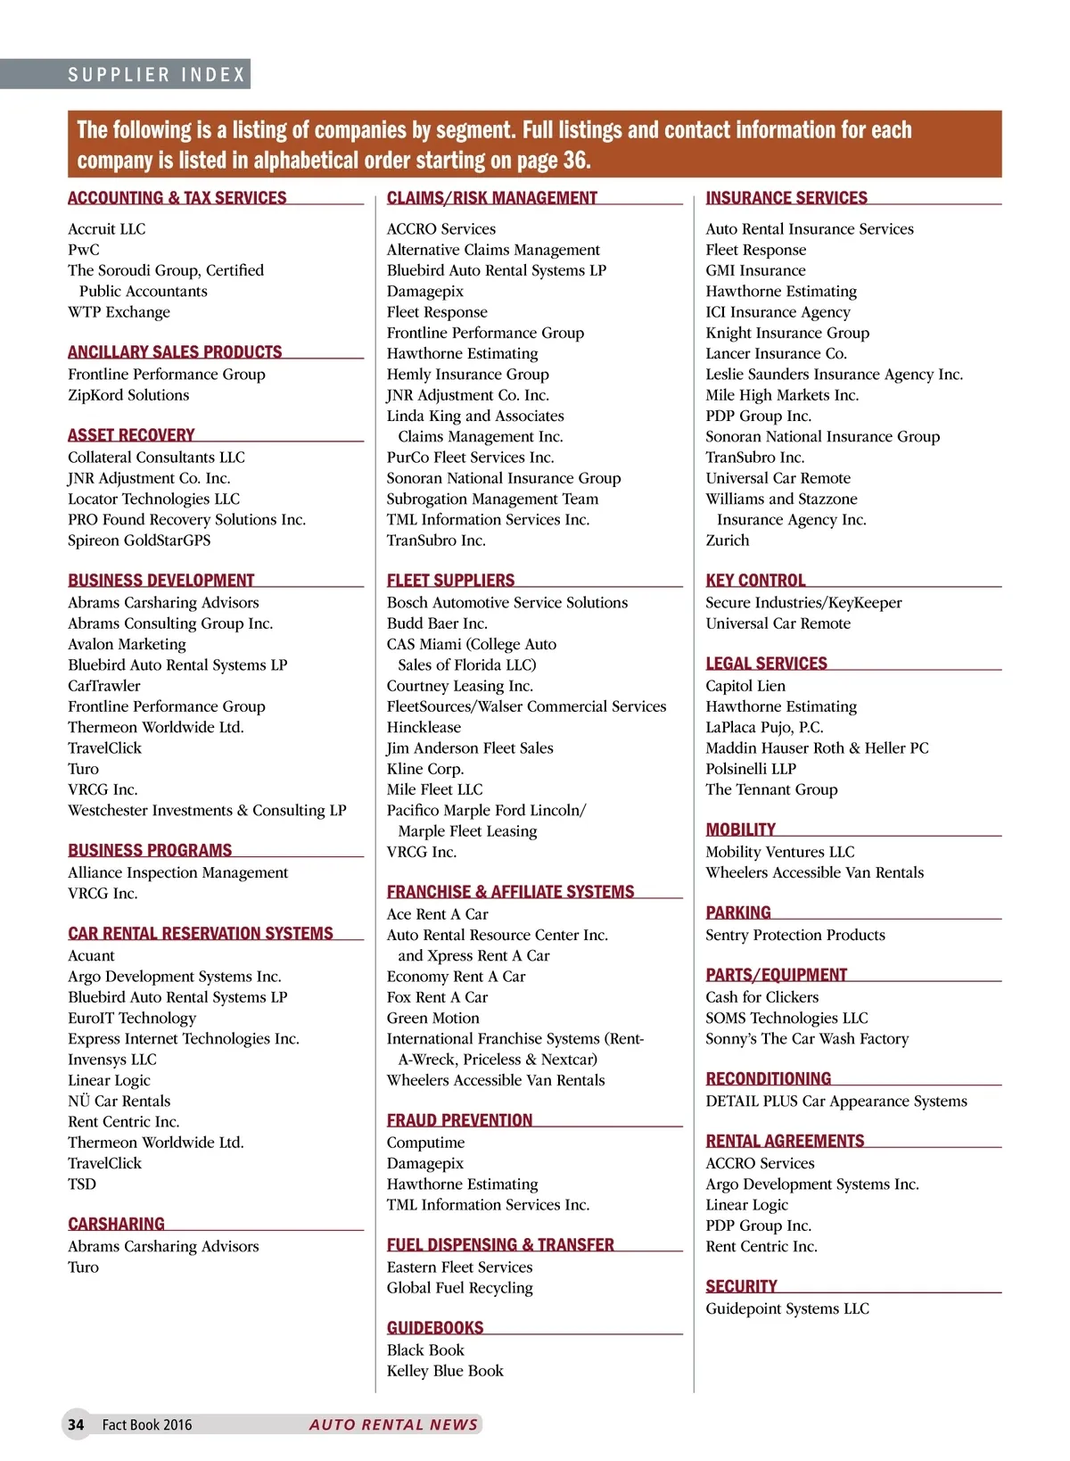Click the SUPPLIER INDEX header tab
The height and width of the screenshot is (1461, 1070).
click(x=157, y=75)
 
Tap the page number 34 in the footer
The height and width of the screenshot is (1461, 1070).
click(x=76, y=1424)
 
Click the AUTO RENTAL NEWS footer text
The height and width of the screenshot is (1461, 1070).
click(x=393, y=1424)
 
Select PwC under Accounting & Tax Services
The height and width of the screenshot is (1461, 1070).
click(x=84, y=250)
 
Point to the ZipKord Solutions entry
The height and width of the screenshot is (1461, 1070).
click(x=128, y=395)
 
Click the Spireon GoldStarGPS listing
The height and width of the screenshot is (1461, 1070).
click(x=139, y=541)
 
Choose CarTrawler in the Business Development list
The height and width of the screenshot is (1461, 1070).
click(x=104, y=686)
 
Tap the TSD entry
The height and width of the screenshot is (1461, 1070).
click(x=82, y=1184)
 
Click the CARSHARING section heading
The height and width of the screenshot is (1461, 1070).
click(x=117, y=1224)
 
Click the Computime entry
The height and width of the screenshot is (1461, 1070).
click(x=425, y=1143)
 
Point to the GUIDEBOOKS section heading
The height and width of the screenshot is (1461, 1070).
click(x=435, y=1327)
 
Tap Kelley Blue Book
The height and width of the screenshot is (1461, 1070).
click(x=445, y=1371)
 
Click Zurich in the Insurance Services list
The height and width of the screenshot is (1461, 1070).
click(x=728, y=541)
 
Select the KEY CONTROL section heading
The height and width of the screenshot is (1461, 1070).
click(x=755, y=580)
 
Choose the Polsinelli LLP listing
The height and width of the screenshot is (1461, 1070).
click(x=751, y=769)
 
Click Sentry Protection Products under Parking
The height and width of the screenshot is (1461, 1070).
click(x=795, y=935)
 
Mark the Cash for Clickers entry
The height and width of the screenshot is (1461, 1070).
click(x=762, y=997)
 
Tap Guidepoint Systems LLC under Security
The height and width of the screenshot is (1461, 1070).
click(x=787, y=1308)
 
